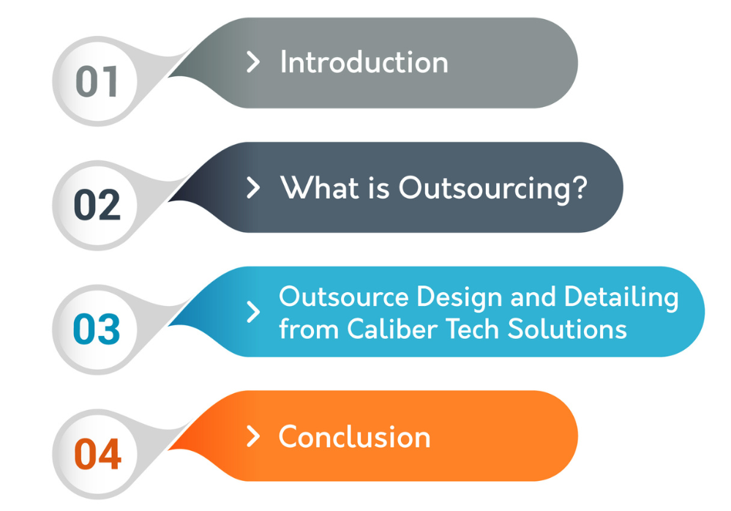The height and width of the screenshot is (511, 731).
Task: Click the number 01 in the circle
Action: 97,81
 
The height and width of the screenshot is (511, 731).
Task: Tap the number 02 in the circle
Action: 97,205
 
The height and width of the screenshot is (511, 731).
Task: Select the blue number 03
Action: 97,329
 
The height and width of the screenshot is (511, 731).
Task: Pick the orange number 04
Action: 98,453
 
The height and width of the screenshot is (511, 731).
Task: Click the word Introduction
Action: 364,62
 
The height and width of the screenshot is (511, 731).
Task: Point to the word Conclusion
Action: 354,437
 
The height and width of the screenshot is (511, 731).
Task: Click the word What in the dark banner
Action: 319,187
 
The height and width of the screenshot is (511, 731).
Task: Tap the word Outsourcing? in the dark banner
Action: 492,190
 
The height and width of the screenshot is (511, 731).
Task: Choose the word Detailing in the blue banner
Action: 621,297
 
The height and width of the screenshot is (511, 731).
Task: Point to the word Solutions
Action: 567,329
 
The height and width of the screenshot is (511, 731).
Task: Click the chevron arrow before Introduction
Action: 252,62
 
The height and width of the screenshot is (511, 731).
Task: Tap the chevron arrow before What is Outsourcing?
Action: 252,187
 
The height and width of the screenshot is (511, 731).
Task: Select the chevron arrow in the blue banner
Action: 252,312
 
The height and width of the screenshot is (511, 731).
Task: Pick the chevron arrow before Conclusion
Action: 252,436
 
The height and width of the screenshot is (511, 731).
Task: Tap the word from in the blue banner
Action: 309,329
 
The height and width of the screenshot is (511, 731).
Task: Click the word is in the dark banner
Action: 378,188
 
